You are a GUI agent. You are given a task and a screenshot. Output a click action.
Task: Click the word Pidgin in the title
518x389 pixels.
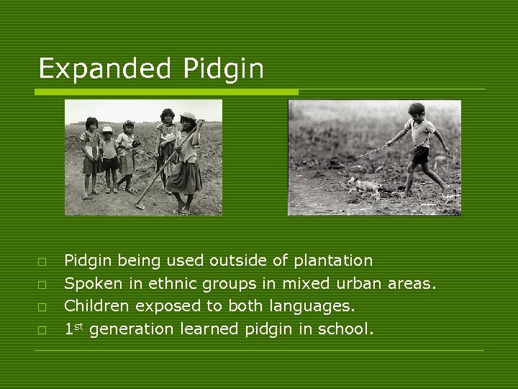224,69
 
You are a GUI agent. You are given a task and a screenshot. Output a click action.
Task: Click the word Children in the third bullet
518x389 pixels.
96,306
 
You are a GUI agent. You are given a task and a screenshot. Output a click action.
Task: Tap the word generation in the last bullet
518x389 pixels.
132,329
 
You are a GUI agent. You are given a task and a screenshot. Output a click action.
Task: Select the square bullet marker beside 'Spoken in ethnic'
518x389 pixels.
43,284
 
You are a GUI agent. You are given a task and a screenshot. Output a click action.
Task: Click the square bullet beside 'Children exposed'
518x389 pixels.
43,307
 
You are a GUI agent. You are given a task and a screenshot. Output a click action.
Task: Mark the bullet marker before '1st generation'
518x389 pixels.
43,330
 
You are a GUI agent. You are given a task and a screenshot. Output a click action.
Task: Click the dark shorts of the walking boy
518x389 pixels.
419,153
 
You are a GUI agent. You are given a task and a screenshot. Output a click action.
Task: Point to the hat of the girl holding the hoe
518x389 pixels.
188,116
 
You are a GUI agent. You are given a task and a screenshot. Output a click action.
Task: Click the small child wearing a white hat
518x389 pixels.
108,155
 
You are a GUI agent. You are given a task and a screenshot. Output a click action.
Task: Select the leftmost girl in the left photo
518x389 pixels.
91,155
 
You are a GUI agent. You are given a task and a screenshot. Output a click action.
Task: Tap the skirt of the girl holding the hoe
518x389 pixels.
185,176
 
